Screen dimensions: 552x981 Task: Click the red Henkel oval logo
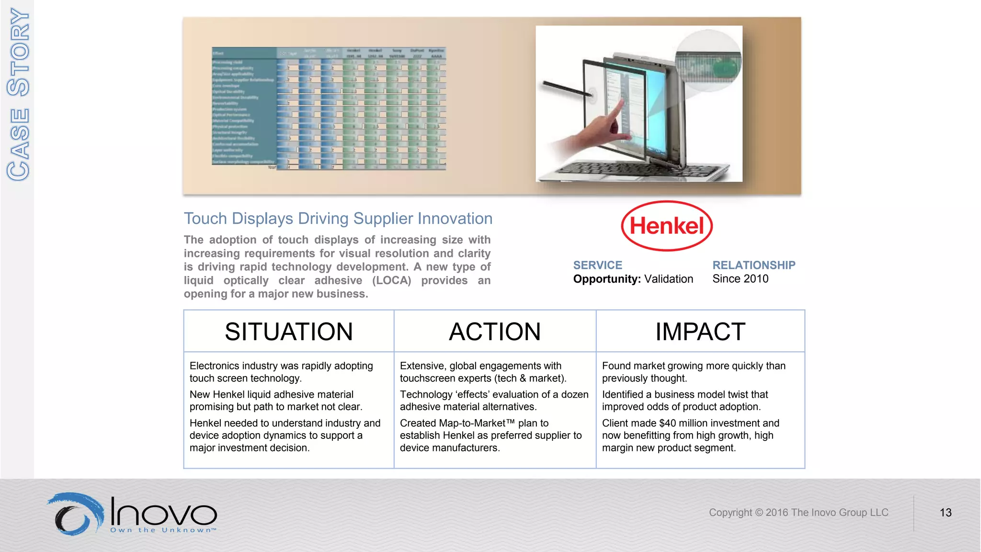coord(666,226)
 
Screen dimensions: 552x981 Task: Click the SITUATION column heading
coord(288,332)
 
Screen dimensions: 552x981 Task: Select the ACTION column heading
coord(495,332)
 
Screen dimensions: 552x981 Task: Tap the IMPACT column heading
coord(700,332)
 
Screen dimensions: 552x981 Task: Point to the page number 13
coord(945,513)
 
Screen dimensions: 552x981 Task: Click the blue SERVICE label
coord(597,265)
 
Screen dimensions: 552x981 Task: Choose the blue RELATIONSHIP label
coord(753,265)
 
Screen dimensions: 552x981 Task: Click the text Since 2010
coord(740,279)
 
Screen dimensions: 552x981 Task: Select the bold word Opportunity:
coord(606,279)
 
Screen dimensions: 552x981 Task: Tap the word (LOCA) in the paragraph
coord(391,280)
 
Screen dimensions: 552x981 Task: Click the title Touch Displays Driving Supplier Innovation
coord(338,218)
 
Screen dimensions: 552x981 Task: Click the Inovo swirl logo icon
coord(76,514)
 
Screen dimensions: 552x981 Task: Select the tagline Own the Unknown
coord(163,530)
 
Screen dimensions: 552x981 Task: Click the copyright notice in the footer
coord(798,513)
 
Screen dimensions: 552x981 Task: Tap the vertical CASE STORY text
coord(18,94)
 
